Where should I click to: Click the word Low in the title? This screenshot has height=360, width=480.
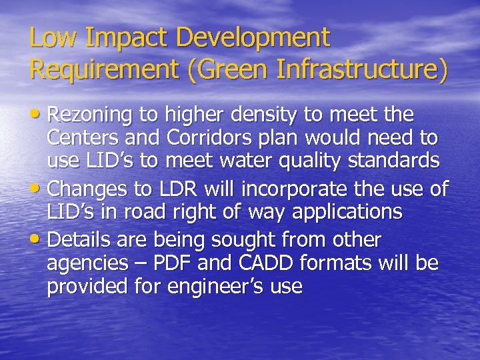click(49, 38)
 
